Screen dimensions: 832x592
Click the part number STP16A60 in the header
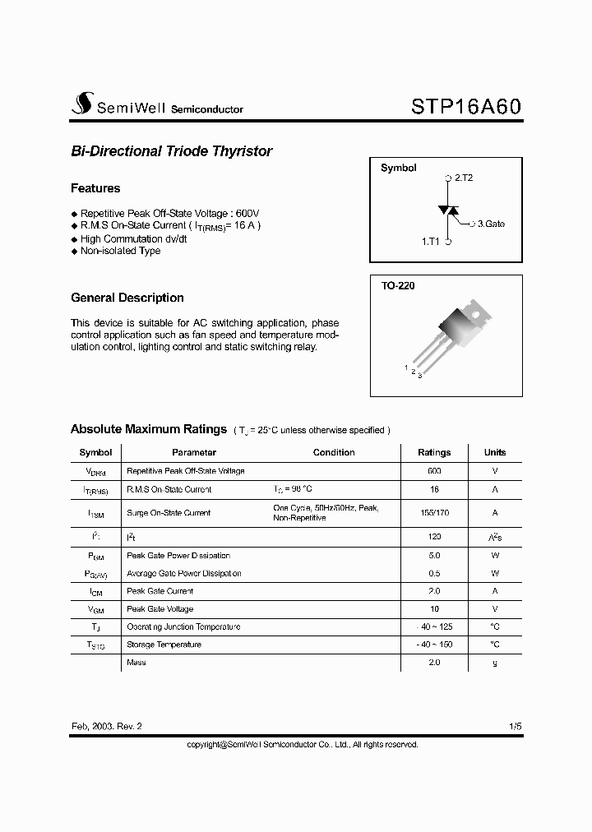point(465,107)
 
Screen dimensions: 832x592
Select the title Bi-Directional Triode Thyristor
point(171,151)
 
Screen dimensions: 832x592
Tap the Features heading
point(95,188)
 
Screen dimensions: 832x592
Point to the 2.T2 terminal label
point(463,178)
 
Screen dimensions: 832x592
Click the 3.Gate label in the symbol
point(491,224)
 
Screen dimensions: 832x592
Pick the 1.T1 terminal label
point(431,242)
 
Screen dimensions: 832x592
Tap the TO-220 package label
point(398,286)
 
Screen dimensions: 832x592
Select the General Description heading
point(127,298)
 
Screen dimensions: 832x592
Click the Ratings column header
point(434,452)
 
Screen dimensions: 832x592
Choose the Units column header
point(495,452)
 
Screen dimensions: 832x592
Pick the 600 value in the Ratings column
point(434,471)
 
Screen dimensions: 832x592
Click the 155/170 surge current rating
point(434,512)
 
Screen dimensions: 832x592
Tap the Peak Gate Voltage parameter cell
point(160,609)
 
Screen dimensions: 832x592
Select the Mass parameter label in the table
point(136,663)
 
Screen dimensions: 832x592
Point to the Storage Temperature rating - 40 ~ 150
point(434,645)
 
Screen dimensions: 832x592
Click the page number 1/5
point(516,727)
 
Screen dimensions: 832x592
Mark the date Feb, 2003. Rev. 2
point(107,727)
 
